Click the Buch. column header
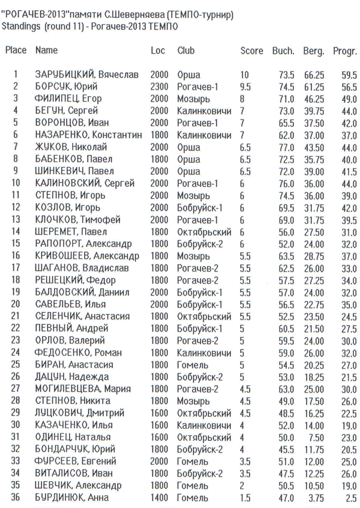[283, 51]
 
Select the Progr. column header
[345, 51]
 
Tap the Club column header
[186, 51]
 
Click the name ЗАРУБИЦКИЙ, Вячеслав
[87, 75]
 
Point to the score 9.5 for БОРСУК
[245, 87]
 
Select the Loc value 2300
[159, 87]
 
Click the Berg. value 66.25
[314, 75]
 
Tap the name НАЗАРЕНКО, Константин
[89, 135]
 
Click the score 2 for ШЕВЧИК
[242, 485]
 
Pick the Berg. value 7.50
[316, 437]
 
